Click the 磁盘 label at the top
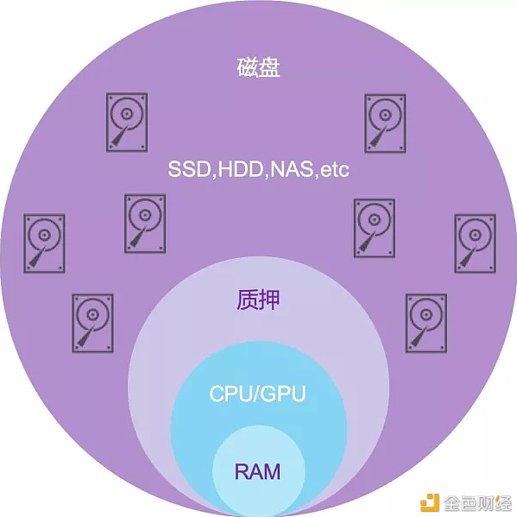[259, 67]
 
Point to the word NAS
[292, 169]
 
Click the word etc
[335, 170]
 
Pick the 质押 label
[258, 299]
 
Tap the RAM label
[257, 471]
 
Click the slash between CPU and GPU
[256, 394]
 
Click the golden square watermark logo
[429, 502]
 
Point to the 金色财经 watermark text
[477, 503]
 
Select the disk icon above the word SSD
[127, 123]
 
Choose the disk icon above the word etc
[385, 123]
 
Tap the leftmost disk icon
[44, 243]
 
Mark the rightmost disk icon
[475, 243]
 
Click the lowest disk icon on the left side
[92, 323]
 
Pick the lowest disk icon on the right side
[426, 323]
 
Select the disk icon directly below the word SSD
[145, 224]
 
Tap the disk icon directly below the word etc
[375, 228]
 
